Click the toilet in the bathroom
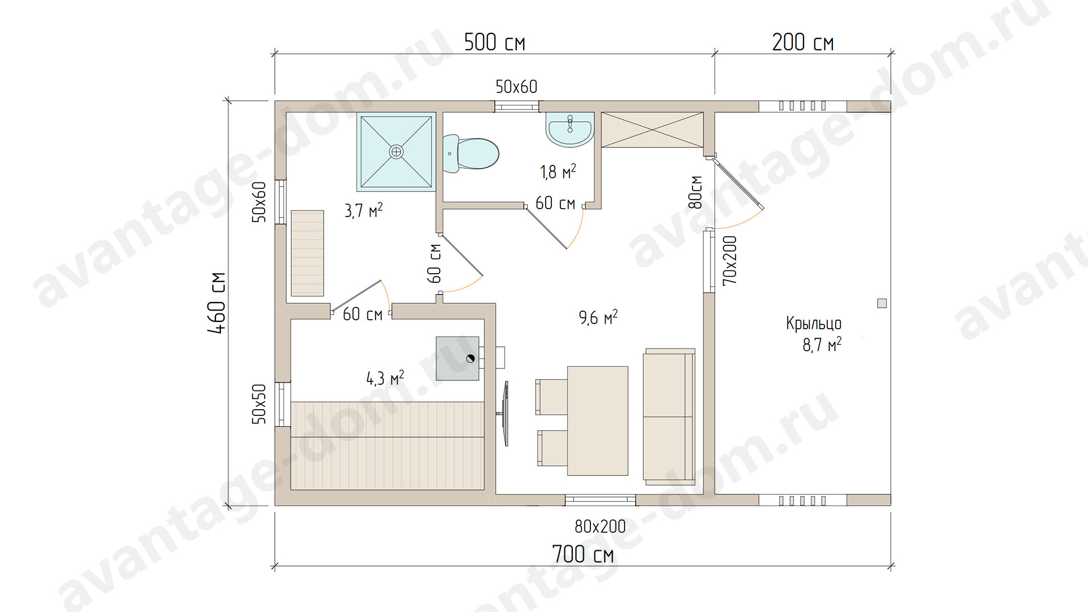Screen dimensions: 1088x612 (470, 153)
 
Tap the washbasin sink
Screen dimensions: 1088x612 (570, 130)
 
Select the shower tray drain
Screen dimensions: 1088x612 (396, 151)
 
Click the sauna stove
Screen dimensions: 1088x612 (458, 358)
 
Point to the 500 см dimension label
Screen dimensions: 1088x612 (495, 42)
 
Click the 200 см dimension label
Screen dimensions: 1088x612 (802, 42)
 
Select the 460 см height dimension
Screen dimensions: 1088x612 (217, 303)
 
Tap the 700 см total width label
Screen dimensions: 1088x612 (583, 554)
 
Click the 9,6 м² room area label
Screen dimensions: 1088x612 (598, 317)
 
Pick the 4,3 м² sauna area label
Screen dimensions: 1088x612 (385, 378)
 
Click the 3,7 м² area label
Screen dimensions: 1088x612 (363, 211)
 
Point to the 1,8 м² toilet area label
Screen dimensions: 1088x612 (558, 172)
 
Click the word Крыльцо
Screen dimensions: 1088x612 (814, 324)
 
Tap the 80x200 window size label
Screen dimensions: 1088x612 (600, 526)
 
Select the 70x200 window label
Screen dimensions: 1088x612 (730, 260)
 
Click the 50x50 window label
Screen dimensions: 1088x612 (258, 404)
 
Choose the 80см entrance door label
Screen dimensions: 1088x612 (696, 192)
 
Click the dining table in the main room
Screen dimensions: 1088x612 (598, 420)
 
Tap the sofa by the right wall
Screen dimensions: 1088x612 (669, 416)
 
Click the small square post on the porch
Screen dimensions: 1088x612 (882, 303)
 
